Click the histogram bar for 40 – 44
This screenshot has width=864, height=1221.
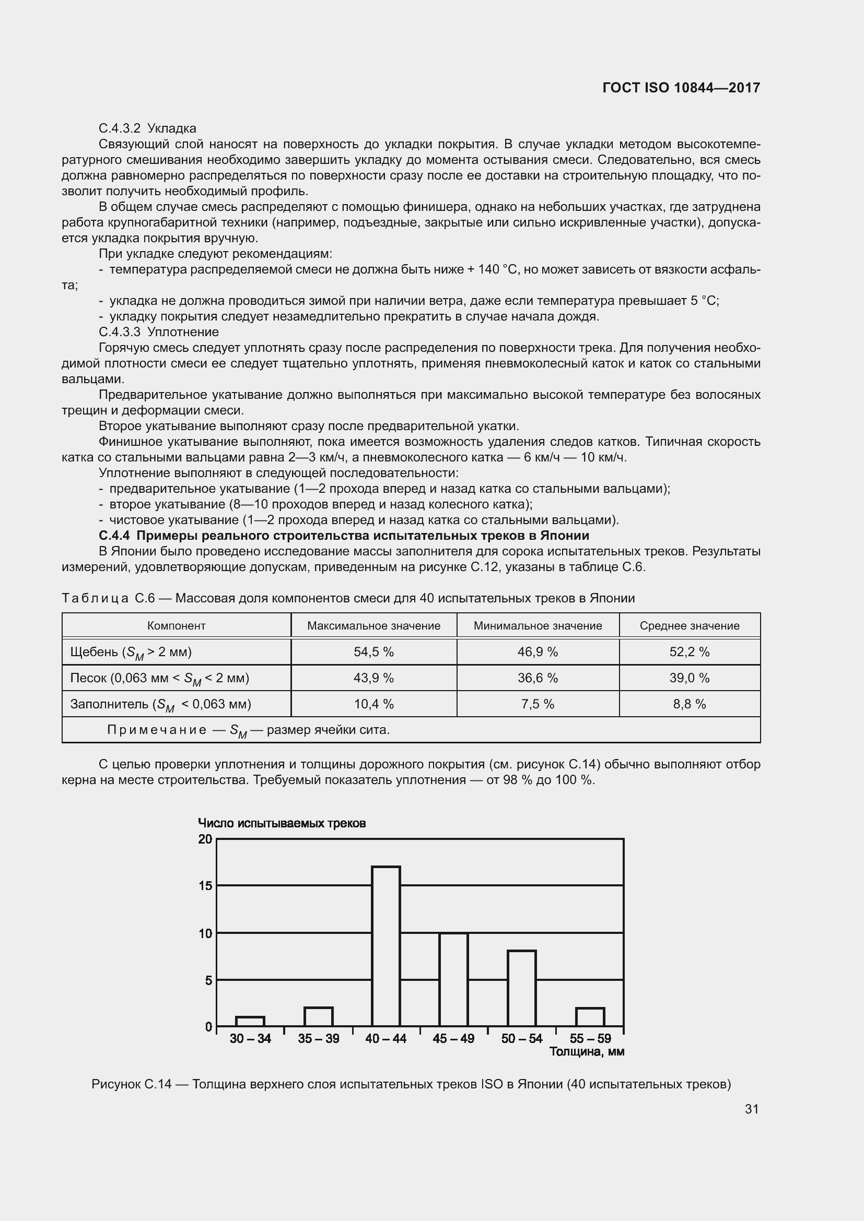[x=386, y=946]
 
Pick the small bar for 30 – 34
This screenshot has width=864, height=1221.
[x=250, y=1022]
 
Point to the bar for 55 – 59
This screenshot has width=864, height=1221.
[x=589, y=1017]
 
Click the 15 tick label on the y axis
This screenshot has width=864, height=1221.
[x=205, y=886]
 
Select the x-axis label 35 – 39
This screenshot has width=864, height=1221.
[x=318, y=1039]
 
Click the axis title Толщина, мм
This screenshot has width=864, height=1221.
[x=586, y=1051]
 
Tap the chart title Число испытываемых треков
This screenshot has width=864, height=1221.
[x=282, y=824]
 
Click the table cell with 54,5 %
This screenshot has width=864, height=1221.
[x=373, y=652]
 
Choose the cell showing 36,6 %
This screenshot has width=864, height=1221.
[x=538, y=678]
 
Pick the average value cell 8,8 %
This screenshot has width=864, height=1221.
[x=689, y=704]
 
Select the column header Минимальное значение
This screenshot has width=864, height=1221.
[x=538, y=626]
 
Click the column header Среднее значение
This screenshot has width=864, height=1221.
[x=689, y=626]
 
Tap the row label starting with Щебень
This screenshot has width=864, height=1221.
[x=131, y=653]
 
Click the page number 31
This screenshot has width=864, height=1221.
[x=751, y=1109]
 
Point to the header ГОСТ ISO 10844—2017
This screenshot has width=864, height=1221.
[x=681, y=88]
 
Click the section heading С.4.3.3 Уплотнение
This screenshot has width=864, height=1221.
[x=159, y=333]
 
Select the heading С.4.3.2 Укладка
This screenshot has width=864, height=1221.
[x=147, y=129]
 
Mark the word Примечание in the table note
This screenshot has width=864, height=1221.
[x=156, y=730]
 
